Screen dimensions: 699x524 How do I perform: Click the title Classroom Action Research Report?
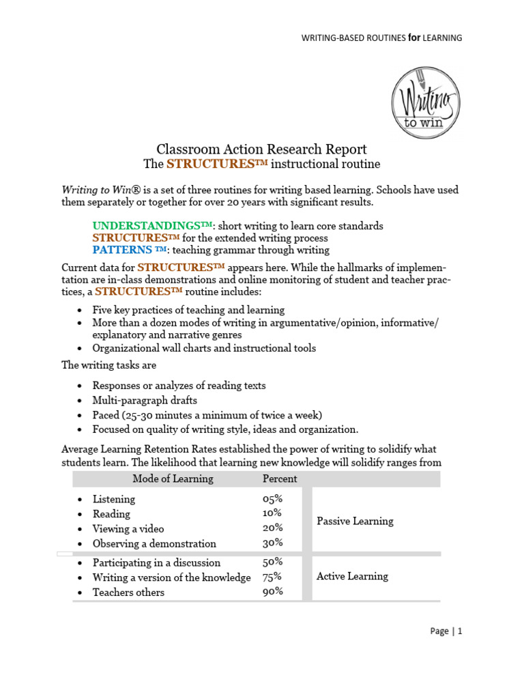pyautogui.click(x=262, y=149)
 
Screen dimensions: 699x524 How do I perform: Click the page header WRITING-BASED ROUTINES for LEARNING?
pyautogui.click(x=381, y=38)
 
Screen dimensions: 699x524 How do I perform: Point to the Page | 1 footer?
pyautogui.click(x=446, y=631)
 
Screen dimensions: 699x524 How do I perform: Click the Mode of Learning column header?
pyautogui.click(x=173, y=479)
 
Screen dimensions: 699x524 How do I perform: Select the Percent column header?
pyautogui.click(x=280, y=479)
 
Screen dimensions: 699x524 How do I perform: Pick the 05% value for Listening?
pyautogui.click(x=273, y=499)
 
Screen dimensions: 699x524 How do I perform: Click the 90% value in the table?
pyautogui.click(x=273, y=592)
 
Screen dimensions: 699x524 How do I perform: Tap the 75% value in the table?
pyautogui.click(x=273, y=577)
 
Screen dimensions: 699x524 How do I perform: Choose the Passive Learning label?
pyautogui.click(x=355, y=521)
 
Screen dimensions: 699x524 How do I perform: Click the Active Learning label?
pyautogui.click(x=352, y=576)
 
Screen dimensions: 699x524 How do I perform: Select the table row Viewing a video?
pyautogui.click(x=128, y=529)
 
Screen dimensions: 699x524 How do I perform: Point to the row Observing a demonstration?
pyautogui.click(x=154, y=544)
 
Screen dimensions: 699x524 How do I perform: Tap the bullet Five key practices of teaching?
pyautogui.click(x=188, y=310)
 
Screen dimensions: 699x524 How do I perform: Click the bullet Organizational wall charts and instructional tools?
pyautogui.click(x=204, y=348)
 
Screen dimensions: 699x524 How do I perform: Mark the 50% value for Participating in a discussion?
pyautogui.click(x=273, y=562)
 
